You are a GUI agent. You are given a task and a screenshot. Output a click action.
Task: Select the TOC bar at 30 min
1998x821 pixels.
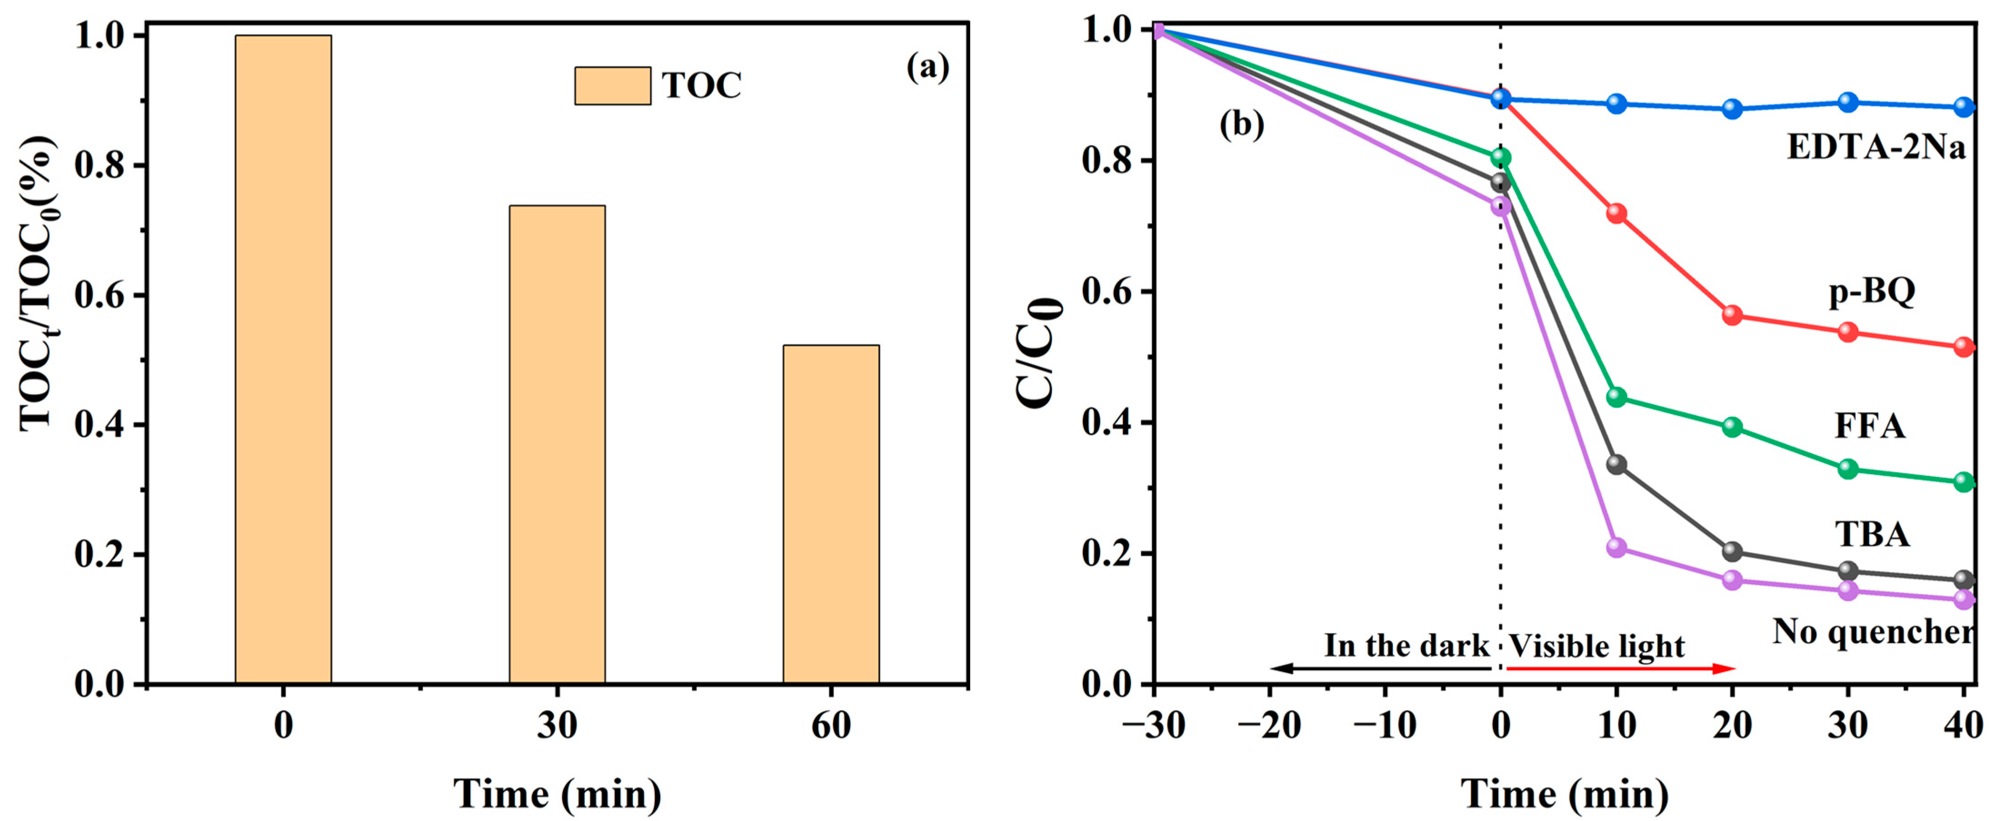(x=557, y=444)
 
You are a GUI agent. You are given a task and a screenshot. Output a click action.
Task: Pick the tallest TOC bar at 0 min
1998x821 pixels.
(x=283, y=358)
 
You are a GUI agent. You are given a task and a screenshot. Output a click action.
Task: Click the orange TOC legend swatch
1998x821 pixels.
(x=612, y=85)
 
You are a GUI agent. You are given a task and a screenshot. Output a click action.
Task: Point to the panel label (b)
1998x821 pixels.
(x=1241, y=124)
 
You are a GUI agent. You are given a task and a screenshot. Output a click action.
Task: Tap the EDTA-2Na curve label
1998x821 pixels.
(x=1875, y=147)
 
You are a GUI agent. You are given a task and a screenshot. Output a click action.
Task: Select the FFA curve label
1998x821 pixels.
(x=1869, y=425)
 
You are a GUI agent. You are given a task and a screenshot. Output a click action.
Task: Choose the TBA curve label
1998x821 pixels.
(x=1872, y=534)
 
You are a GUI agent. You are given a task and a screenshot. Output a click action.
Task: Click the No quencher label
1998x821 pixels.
(x=1872, y=632)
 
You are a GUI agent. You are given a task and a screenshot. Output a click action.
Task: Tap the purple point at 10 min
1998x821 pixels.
(x=1616, y=547)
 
